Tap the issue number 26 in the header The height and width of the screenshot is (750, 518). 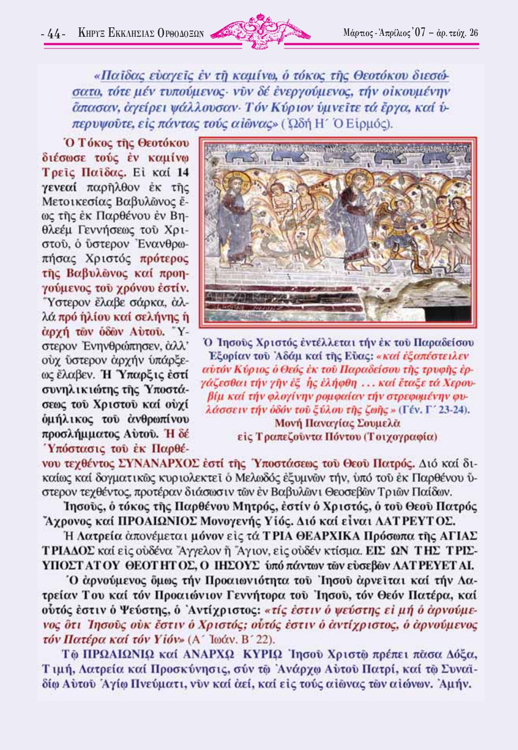[474, 33]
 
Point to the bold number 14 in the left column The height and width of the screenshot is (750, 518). [182, 173]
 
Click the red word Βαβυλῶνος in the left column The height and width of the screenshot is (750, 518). [97, 273]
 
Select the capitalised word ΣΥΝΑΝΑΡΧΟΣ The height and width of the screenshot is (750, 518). [158, 463]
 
